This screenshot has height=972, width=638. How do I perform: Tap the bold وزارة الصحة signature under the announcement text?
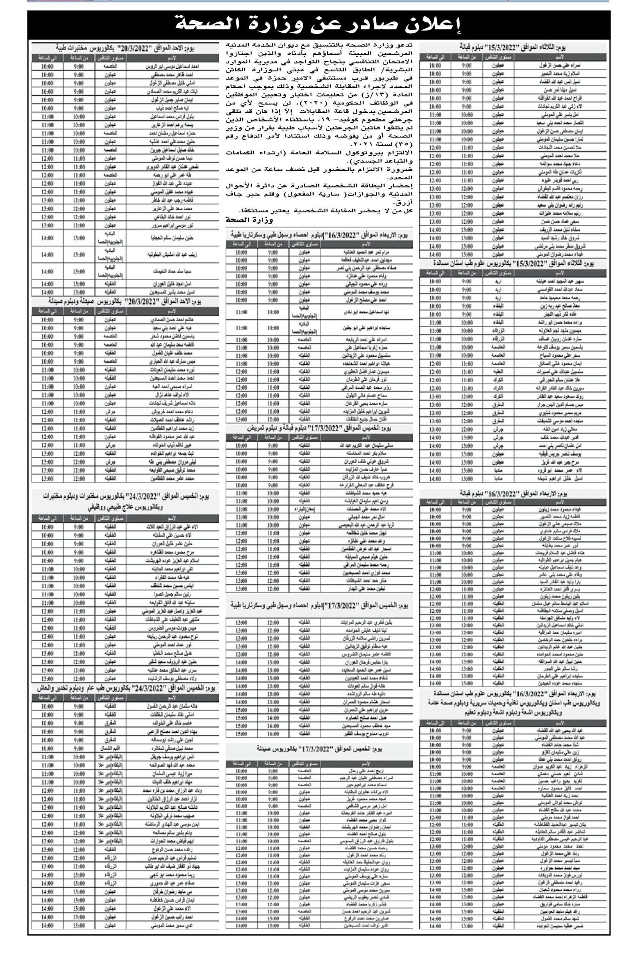tap(249, 220)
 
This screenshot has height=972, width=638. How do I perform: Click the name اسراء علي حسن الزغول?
tap(559, 65)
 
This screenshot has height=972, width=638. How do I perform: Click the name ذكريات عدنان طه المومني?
tap(559, 172)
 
